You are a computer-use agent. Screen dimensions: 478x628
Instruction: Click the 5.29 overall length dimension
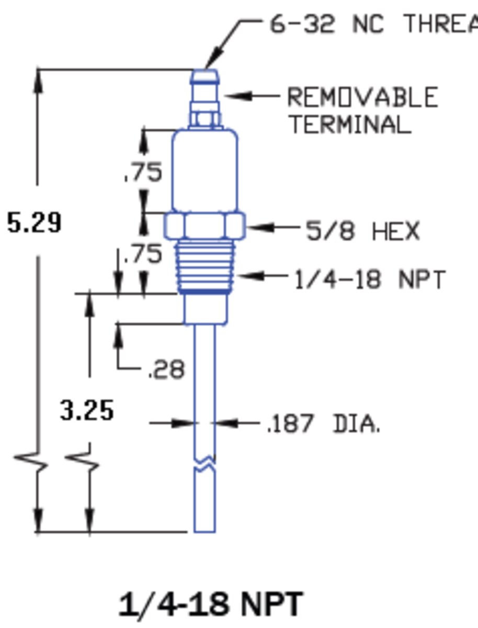[35, 222]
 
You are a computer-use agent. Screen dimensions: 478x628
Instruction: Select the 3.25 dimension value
[87, 410]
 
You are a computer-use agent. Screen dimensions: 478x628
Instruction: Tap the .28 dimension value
[167, 369]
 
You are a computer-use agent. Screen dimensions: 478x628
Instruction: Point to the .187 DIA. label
[324, 423]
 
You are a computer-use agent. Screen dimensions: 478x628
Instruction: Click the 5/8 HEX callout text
[362, 230]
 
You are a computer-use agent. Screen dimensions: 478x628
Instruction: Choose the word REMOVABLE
[362, 97]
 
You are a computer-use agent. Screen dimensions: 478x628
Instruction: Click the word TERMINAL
[351, 124]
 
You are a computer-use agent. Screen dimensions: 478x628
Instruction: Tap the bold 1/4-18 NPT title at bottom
[211, 604]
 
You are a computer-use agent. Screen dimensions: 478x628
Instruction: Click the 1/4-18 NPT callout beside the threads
[370, 279]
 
